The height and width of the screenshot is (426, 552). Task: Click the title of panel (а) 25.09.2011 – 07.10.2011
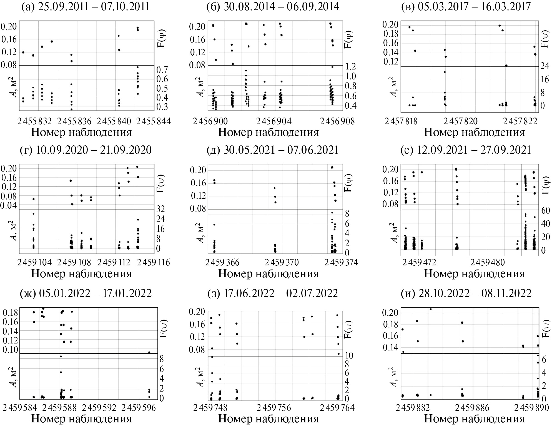tap(86, 7)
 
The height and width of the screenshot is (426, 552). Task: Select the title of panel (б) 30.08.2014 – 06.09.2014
tap(273, 7)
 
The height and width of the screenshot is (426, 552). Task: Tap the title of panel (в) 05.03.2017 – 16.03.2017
tap(466, 7)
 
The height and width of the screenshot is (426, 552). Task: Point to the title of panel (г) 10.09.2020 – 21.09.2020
tap(86, 150)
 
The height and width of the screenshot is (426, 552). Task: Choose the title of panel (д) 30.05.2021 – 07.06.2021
tap(273, 150)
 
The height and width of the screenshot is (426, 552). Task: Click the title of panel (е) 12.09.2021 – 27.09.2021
tap(466, 150)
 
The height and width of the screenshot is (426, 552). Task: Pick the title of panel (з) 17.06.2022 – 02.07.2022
tap(273, 293)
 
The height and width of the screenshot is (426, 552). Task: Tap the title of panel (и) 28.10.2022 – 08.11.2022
tap(466, 293)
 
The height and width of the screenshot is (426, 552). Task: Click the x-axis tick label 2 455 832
tap(34, 121)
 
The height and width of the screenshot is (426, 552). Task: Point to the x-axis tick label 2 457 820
tap(460, 121)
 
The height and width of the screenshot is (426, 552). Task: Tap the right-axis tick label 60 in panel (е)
tap(545, 210)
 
